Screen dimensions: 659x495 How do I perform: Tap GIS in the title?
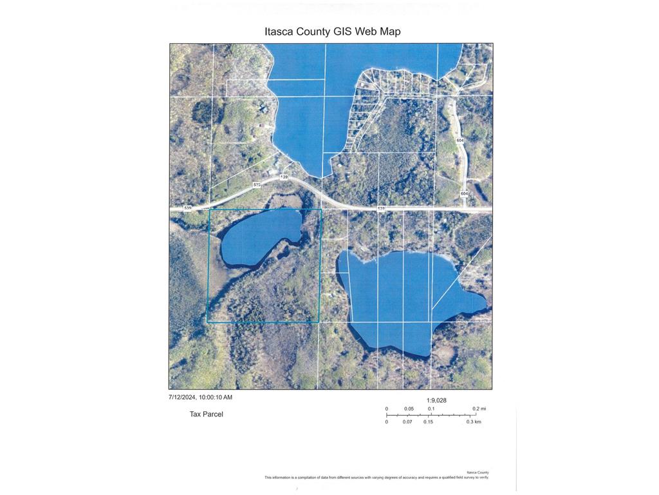pyautogui.click(x=339, y=32)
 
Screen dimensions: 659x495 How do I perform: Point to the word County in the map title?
pyautogui.click(x=312, y=32)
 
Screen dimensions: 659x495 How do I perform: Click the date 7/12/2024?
pyautogui.click(x=182, y=398)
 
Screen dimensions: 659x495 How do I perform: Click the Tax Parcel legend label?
pyautogui.click(x=206, y=414)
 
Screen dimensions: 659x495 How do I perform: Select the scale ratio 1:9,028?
pyautogui.click(x=436, y=400)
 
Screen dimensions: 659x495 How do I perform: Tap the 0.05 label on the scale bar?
pyautogui.click(x=409, y=409)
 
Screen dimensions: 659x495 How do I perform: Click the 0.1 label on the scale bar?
pyautogui.click(x=431, y=409)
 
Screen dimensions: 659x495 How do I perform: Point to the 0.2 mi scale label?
pyautogui.click(x=479, y=409)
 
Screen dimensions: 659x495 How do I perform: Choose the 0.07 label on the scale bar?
pyautogui.click(x=407, y=422)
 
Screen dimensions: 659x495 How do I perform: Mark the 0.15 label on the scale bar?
pyautogui.click(x=428, y=422)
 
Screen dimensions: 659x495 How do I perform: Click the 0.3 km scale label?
pyautogui.click(x=474, y=422)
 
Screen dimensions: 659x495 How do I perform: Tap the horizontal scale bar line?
pyautogui.click(x=431, y=415)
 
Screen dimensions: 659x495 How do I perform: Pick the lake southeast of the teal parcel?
pyautogui.click(x=399, y=296)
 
